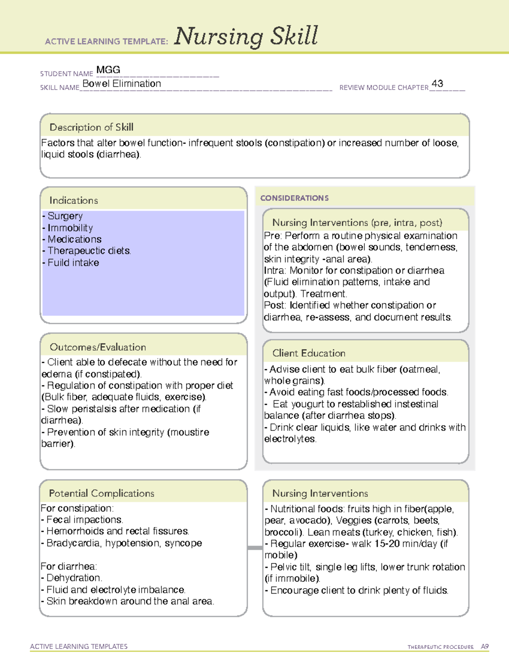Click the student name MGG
108,70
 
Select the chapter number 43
437,84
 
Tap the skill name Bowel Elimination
122,84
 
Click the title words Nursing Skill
246,36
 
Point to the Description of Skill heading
91,127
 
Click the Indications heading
73,200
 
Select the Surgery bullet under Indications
64,216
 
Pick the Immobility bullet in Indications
70,228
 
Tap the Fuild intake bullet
73,263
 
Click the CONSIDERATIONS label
294,198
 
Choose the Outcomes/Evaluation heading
98,347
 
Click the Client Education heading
308,353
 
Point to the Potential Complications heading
101,493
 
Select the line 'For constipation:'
77,508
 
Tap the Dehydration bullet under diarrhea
74,578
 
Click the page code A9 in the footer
484,647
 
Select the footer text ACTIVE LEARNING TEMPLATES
79,646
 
